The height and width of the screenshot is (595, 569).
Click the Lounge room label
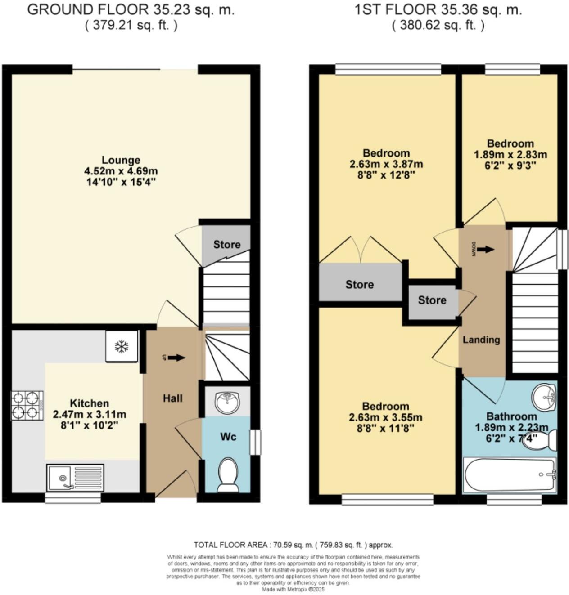click(121, 160)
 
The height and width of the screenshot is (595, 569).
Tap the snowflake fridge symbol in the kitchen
click(122, 346)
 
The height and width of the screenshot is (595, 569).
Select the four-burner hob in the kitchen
click(27, 405)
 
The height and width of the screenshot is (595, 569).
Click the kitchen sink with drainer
click(75, 478)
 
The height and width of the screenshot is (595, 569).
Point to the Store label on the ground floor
click(226, 244)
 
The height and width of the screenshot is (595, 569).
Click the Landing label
click(481, 340)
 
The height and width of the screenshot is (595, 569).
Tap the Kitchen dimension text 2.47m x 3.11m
click(90, 414)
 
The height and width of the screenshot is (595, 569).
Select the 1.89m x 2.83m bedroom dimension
click(510, 155)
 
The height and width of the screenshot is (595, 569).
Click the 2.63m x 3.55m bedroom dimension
click(386, 417)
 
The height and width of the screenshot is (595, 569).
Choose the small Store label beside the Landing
click(432, 300)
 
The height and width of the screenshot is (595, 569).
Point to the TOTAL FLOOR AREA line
click(293, 545)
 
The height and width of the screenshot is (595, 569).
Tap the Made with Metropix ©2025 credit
click(293, 589)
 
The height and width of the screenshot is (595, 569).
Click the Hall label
click(172, 398)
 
